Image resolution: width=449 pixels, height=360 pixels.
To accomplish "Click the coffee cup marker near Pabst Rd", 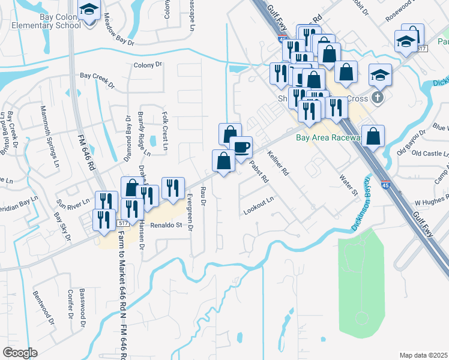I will pyautogui.click(x=241, y=147).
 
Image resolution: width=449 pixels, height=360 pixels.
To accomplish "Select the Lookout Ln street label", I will pyautogui.click(x=259, y=211).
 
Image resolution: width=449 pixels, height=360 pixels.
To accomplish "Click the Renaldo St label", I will pyautogui.click(x=165, y=226).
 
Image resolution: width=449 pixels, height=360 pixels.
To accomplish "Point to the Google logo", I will pyautogui.click(x=20, y=353).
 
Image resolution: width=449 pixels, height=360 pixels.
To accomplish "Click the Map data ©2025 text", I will pyautogui.click(x=423, y=355).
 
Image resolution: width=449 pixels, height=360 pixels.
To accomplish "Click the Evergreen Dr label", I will pyautogui.click(x=190, y=212).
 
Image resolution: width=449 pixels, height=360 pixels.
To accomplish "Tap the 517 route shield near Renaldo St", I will pyautogui.click(x=122, y=223).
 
